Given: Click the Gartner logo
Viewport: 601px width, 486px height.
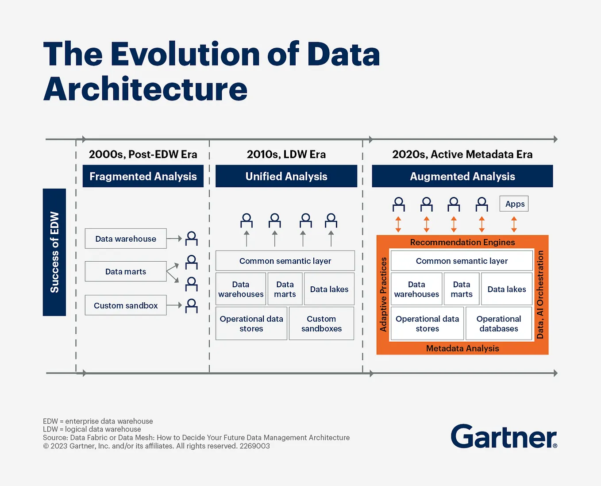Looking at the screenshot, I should click(x=504, y=437).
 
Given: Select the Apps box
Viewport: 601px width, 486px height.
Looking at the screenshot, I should click(x=514, y=204).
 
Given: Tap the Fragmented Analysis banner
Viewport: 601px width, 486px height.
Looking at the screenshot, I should click(x=143, y=176).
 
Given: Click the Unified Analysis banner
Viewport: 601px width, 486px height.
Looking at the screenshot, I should click(x=286, y=176).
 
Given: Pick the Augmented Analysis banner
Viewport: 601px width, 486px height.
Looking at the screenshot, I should click(x=462, y=176).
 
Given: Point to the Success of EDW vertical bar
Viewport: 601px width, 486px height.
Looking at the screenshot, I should click(x=54, y=252).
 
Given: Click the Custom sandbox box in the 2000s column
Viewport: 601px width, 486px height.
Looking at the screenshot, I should click(x=126, y=305).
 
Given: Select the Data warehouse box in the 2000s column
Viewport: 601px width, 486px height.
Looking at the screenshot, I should click(x=126, y=239).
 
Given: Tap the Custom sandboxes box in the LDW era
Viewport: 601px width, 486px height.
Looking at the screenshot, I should click(x=321, y=324).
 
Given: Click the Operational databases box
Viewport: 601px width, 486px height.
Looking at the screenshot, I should click(x=499, y=324).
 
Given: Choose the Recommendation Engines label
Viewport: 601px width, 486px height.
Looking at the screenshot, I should click(x=462, y=242).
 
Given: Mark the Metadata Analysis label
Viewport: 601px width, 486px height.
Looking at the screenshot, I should click(x=462, y=348).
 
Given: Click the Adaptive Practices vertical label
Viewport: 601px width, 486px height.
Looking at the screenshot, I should click(x=383, y=294).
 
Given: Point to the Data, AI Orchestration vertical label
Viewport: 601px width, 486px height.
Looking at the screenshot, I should click(x=540, y=294).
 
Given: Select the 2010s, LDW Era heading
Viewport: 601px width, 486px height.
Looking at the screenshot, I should click(x=286, y=154).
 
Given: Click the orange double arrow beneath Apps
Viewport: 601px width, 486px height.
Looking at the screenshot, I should click(x=514, y=224).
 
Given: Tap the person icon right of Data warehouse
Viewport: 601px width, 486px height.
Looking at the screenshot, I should click(x=191, y=239).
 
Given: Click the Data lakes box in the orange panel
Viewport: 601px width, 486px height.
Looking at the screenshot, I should click(x=507, y=289).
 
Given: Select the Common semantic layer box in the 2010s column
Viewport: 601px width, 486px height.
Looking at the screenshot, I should click(x=285, y=261).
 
